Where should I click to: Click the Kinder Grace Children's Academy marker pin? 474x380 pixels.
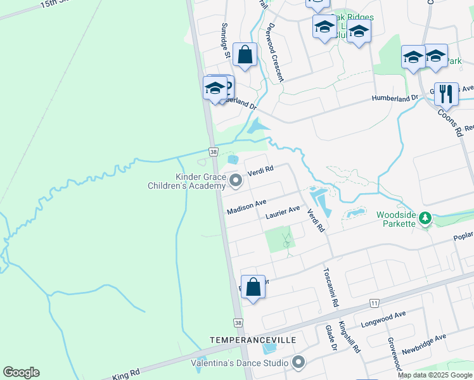tap(236, 181)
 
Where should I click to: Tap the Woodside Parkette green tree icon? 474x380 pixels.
tap(425, 219)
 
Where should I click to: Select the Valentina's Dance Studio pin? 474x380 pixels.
tap(298, 363)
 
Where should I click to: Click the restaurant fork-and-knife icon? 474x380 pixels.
tap(446, 94)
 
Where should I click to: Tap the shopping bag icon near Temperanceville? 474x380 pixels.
tap(253, 288)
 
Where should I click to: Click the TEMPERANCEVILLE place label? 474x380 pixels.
tap(253, 340)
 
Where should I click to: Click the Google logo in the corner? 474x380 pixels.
tap(21, 372)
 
